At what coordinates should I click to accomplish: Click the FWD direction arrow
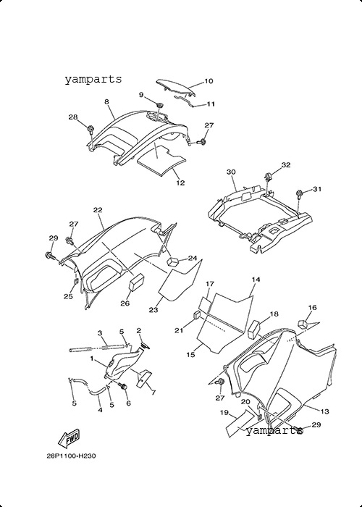pyautogui.click(x=69, y=438)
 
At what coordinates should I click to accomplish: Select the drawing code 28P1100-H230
pyautogui.click(x=72, y=456)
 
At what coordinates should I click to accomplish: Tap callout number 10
pyautogui.click(x=209, y=81)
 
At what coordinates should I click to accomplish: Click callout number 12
pyautogui.click(x=180, y=183)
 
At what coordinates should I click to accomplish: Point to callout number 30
pyautogui.click(x=231, y=172)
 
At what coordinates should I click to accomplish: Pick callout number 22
pyautogui.click(x=98, y=210)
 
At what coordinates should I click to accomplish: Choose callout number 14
pyautogui.click(x=256, y=280)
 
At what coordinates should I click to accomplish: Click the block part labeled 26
pyautogui.click(x=136, y=282)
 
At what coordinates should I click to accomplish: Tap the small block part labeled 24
pyautogui.click(x=173, y=261)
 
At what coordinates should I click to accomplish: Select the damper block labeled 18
pyautogui.click(x=255, y=329)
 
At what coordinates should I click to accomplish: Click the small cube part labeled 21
pyautogui.click(x=196, y=314)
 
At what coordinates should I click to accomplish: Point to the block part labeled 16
pyautogui.click(x=302, y=324)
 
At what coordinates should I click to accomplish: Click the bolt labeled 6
pyautogui.click(x=124, y=386)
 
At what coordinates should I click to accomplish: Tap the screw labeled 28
pyautogui.click(x=90, y=130)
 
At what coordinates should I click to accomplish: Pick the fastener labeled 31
pyautogui.click(x=298, y=193)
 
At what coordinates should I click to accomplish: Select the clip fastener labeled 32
pyautogui.click(x=268, y=177)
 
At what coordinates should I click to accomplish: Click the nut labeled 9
pyautogui.click(x=159, y=105)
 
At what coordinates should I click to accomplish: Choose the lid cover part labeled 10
pyautogui.click(x=177, y=88)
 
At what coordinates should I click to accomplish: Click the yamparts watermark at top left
pyautogui.click(x=93, y=79)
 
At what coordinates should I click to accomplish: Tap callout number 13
pyautogui.click(x=324, y=411)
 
